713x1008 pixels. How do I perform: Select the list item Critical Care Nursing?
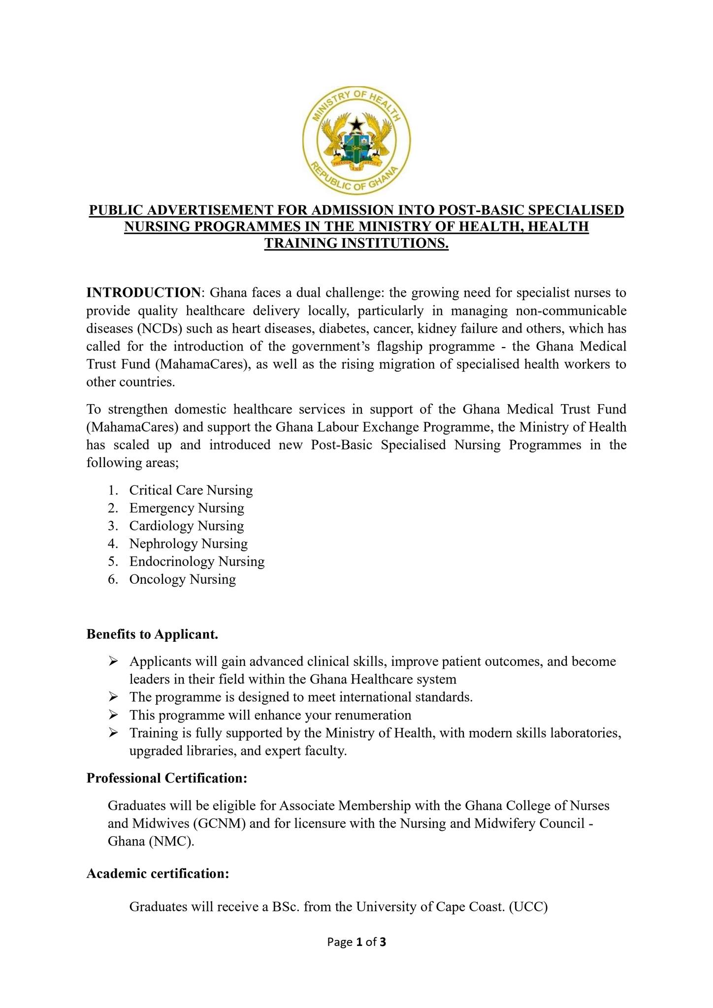coord(191,490)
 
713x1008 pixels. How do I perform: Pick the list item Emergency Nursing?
coord(187,508)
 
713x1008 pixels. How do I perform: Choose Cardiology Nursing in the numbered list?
coord(187,526)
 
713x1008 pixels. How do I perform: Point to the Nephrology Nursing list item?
coord(189,543)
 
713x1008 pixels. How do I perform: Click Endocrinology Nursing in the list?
coord(197,561)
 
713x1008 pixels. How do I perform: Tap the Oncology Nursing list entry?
coord(183,579)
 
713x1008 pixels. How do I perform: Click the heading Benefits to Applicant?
coord(152,634)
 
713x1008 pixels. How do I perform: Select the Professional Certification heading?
coord(167,778)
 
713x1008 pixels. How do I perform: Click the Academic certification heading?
coord(158,874)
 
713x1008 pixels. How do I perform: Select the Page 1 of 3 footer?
coord(356,942)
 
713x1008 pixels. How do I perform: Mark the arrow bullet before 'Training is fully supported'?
coord(113,732)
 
